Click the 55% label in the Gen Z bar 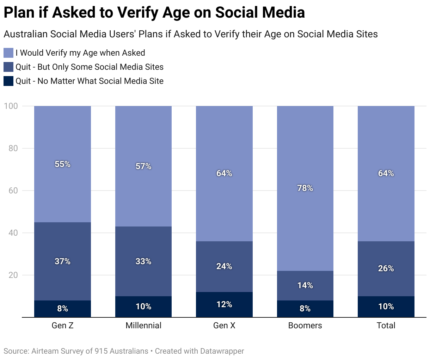(62, 164)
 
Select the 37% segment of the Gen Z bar (62, 261)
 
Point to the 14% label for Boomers (305, 285)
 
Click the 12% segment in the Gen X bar (224, 304)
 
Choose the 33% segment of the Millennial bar (143, 261)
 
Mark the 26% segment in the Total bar (386, 268)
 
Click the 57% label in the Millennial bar (143, 166)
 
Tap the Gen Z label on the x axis (62, 325)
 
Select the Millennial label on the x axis (143, 325)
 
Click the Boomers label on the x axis (305, 325)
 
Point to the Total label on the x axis (386, 325)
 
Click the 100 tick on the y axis (11, 106)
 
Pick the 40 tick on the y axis (13, 233)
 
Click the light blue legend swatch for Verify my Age (8, 53)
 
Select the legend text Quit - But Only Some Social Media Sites (90, 67)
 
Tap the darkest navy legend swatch (8, 81)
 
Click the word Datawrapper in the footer (222, 351)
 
